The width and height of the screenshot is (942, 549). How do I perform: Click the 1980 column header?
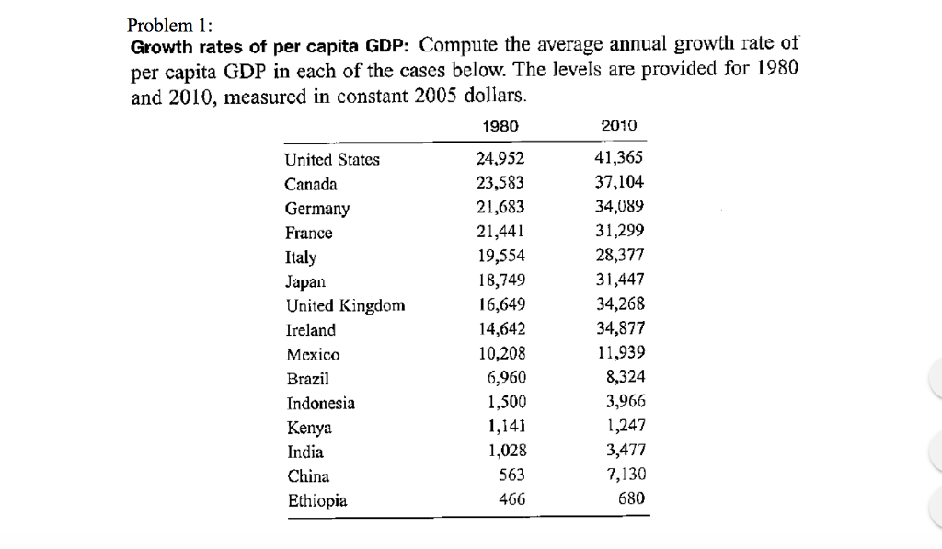coord(500,126)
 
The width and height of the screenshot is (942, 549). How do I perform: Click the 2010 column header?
coord(618,126)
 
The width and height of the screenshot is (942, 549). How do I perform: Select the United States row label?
coord(332,160)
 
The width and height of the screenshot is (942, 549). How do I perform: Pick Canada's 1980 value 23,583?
coord(501,183)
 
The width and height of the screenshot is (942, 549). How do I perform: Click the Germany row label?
coord(317,209)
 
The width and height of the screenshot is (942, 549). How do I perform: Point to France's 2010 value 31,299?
coord(620,232)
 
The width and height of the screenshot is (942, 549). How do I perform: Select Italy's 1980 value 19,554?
coord(501,257)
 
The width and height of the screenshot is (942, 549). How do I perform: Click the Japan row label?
coord(304,281)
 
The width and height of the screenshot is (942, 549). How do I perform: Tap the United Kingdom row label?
coord(345,305)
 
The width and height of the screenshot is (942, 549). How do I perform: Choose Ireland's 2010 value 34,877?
coord(620,328)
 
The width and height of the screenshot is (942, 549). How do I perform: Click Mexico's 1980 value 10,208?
coord(501,353)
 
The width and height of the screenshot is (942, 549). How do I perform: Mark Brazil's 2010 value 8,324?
coord(626,377)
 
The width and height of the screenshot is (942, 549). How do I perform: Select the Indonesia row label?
coord(321,403)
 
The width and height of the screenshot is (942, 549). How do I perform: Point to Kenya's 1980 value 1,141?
coord(505,426)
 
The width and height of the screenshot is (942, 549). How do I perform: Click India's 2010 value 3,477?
coord(626,451)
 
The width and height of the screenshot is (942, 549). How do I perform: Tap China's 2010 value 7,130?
coord(626,475)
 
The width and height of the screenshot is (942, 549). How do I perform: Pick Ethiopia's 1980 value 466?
coord(511,499)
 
